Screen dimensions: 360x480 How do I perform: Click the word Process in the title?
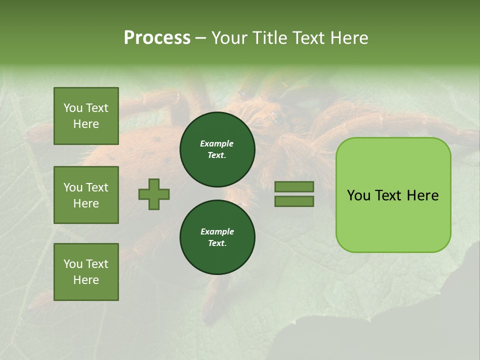click(157, 38)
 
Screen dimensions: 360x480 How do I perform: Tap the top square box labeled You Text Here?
click(86, 116)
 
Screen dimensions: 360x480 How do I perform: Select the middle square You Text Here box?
click(86, 195)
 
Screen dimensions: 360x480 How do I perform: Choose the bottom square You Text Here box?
click(86, 272)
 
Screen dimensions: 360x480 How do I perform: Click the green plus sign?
click(154, 194)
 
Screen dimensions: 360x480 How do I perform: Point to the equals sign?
click(294, 194)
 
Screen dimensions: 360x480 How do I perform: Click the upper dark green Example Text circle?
click(217, 149)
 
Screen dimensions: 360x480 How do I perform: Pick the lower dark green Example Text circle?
click(217, 237)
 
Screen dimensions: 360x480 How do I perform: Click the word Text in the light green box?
click(388, 195)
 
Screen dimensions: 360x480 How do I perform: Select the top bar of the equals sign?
click(294, 186)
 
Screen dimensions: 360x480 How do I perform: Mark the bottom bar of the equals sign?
click(294, 201)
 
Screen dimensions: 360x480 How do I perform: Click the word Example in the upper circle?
click(217, 143)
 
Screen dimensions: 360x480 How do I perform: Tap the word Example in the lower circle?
click(217, 231)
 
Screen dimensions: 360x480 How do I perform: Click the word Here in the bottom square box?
click(86, 280)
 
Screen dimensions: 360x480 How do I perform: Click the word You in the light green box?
click(358, 195)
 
